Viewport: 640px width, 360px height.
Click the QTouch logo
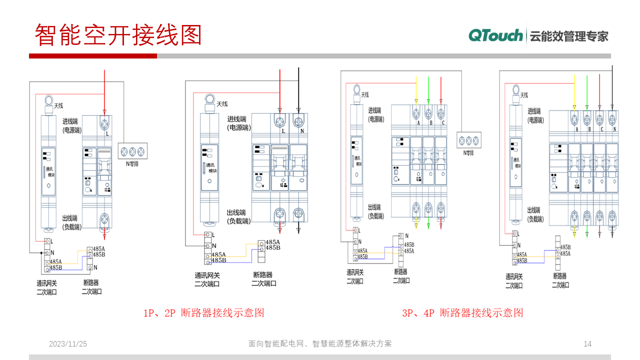coord(495,35)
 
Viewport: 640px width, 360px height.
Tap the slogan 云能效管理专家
coord(568,36)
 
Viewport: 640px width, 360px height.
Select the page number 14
coord(587,343)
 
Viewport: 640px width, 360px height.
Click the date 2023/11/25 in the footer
coord(68,344)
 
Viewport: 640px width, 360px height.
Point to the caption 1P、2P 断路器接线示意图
coord(203,313)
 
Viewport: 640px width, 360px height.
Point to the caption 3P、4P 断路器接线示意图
coord(462,313)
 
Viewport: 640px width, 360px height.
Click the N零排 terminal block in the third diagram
coord(469,139)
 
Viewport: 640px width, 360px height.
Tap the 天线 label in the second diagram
coord(222,104)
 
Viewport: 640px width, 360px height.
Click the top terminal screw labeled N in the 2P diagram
coord(298,121)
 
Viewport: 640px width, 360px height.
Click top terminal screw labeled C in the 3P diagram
coord(440,113)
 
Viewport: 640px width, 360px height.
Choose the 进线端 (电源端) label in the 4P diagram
coord(534,115)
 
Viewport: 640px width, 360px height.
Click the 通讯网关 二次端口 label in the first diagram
coord(46,287)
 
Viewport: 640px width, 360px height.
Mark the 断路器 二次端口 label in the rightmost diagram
coord(560,280)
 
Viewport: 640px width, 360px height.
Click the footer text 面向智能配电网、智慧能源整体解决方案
coord(320,344)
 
